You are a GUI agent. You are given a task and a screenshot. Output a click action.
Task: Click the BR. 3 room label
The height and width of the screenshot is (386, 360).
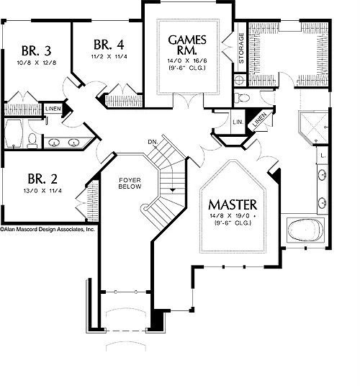click(x=37, y=50)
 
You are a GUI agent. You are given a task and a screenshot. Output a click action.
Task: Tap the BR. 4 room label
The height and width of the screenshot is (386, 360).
click(x=109, y=45)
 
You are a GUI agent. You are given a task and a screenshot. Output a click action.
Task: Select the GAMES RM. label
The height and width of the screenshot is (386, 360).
click(x=187, y=45)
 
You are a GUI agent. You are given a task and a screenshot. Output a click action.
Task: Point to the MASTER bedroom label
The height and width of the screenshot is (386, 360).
click(x=233, y=205)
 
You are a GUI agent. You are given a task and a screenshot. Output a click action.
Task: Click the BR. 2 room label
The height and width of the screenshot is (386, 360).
click(x=42, y=179)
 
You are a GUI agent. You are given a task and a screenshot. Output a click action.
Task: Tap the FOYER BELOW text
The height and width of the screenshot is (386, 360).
click(x=130, y=184)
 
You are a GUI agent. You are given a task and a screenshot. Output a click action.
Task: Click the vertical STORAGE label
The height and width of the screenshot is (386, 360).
click(x=241, y=48)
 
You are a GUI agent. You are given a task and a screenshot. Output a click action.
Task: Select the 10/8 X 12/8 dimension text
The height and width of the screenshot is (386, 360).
click(x=37, y=63)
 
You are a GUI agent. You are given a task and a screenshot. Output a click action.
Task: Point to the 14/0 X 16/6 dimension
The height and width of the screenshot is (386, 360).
click(x=187, y=60)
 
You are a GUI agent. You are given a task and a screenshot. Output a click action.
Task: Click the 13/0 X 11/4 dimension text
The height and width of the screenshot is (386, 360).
click(x=42, y=191)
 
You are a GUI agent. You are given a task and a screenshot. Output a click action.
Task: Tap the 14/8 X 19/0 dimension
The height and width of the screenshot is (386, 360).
click(x=231, y=216)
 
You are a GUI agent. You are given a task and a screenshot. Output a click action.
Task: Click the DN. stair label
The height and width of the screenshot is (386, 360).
click(x=153, y=142)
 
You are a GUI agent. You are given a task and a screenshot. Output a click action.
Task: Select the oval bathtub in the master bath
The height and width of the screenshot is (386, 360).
click(x=305, y=230)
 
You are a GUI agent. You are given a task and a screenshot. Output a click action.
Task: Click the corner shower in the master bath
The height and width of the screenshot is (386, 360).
click(x=313, y=128)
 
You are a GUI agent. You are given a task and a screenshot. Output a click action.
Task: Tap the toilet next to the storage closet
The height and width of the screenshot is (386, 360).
click(x=242, y=98)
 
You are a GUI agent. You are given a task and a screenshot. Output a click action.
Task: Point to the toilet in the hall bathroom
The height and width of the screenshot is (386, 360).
click(x=32, y=141)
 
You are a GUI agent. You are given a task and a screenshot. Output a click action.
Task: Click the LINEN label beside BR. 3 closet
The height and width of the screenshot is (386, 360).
click(x=53, y=109)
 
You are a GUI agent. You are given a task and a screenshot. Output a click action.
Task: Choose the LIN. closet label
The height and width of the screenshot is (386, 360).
click(x=238, y=122)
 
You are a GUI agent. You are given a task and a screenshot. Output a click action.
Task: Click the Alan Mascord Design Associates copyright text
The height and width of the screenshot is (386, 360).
click(x=48, y=230)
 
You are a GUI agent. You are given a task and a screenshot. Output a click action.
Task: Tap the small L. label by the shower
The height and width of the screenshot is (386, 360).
click(x=323, y=156)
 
